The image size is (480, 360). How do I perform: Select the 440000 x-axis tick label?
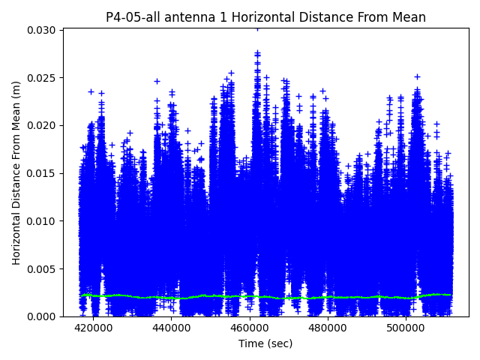point(171,328)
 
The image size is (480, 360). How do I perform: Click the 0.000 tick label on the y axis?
point(43,316)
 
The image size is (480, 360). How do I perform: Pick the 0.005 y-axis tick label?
point(43,268)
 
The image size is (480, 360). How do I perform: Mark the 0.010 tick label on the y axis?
point(43,221)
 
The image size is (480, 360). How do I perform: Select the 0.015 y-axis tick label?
point(43,173)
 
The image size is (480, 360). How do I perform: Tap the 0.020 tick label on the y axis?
point(43,125)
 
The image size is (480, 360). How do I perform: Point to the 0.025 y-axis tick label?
point(43,78)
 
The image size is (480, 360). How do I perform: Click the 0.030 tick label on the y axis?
point(43,30)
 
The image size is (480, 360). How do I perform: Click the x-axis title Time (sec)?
point(265,343)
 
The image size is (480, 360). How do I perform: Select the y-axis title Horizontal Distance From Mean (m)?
point(16,172)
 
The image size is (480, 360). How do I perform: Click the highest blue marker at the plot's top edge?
point(257,28)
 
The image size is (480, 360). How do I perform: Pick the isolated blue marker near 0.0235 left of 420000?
point(91,91)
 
